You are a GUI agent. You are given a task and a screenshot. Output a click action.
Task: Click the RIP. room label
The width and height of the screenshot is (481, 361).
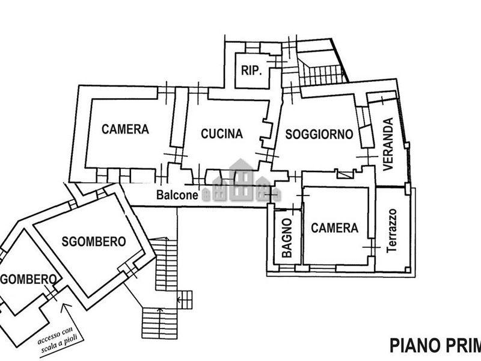tap(251, 70)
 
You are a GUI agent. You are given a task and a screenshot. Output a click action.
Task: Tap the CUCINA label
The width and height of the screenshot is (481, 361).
tap(222, 134)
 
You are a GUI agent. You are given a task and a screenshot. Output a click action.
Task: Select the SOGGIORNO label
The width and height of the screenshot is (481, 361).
tap(319, 134)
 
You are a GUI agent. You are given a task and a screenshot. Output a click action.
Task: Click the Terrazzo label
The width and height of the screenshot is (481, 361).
tap(392, 230)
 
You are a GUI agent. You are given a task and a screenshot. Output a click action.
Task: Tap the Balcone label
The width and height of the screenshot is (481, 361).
tap(177, 195)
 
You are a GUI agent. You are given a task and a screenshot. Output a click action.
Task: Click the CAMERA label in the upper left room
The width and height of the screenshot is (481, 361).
tap(125, 129)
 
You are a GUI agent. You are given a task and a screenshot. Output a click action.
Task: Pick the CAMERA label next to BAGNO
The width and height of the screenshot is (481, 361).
tap(334, 228)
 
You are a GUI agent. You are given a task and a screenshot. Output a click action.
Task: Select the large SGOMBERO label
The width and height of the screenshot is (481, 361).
tap(94, 242)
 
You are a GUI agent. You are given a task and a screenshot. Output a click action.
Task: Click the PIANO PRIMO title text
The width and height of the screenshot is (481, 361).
tap(435, 345)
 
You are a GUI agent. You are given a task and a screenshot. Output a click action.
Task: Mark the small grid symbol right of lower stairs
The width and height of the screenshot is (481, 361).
tap(185, 298)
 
